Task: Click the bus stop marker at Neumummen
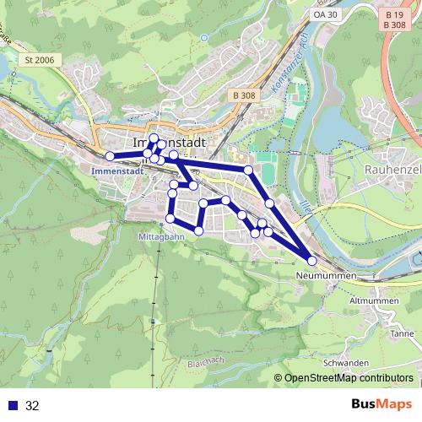[x=312, y=261]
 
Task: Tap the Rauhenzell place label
[x=392, y=169]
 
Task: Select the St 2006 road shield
[x=40, y=59]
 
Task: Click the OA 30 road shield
[x=325, y=15]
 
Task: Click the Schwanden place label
[x=350, y=362]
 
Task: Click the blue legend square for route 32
[x=12, y=406]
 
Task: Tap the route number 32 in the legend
[x=33, y=406]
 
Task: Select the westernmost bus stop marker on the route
[x=109, y=156]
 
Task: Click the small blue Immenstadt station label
[x=113, y=170]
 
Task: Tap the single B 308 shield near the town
[x=243, y=96]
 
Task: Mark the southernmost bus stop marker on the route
[x=312, y=261]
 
